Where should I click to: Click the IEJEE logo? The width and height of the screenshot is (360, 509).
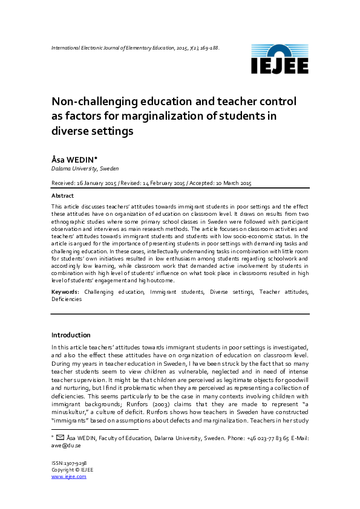[280, 59]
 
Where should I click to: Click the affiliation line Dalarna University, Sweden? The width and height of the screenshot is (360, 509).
[85, 169]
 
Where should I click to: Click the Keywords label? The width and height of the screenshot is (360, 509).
[65, 292]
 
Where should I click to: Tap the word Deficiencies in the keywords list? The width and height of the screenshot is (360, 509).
[67, 299]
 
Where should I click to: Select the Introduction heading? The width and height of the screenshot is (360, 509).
[71, 335]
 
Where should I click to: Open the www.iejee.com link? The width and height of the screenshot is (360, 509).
[68, 476]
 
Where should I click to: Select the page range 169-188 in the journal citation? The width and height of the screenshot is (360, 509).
[208, 47]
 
